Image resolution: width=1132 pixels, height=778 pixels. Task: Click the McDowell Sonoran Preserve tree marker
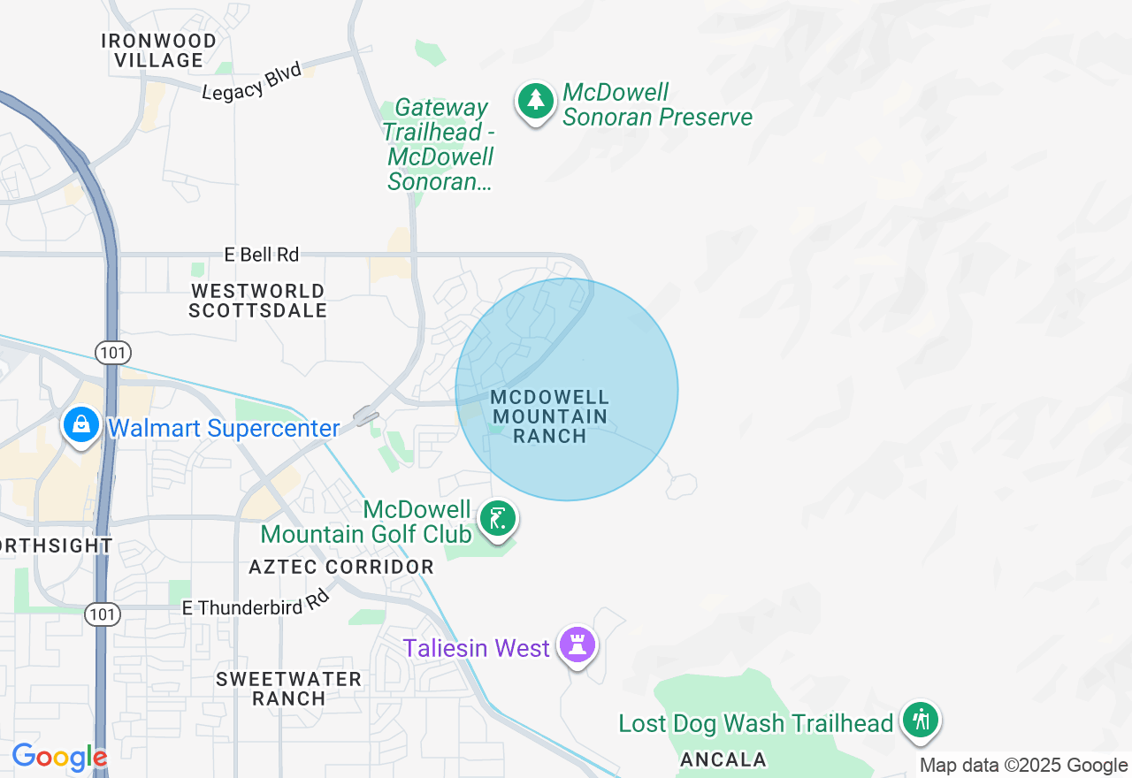coord(535,102)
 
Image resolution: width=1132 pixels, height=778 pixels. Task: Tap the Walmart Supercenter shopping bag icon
coord(81,425)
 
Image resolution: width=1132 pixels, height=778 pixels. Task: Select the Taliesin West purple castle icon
coord(578,646)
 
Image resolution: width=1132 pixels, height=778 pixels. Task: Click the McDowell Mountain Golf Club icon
coord(498,519)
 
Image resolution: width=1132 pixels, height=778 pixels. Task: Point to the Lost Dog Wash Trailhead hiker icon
coord(921,720)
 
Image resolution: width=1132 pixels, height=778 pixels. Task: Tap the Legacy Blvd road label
coord(252,81)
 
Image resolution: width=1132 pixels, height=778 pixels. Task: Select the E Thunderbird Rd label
coord(256,603)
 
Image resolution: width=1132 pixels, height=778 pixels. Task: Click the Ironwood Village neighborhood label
coord(159,50)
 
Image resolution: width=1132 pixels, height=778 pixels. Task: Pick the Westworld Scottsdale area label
coord(258,301)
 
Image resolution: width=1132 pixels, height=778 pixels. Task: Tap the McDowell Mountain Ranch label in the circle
coord(550,416)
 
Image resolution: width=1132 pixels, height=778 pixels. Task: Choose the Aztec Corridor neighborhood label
coord(341,567)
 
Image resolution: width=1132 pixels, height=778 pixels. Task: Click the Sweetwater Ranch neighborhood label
coord(289,689)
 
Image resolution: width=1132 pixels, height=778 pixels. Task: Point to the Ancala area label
coord(723,759)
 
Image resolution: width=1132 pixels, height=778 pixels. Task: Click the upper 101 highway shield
coord(114,353)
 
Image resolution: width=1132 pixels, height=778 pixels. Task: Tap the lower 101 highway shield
coord(103,614)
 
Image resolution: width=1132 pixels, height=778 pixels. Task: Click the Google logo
coord(59,758)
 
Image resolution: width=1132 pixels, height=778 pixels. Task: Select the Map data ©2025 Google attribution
coord(1023,766)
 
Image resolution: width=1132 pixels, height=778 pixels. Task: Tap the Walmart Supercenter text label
coord(224,429)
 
